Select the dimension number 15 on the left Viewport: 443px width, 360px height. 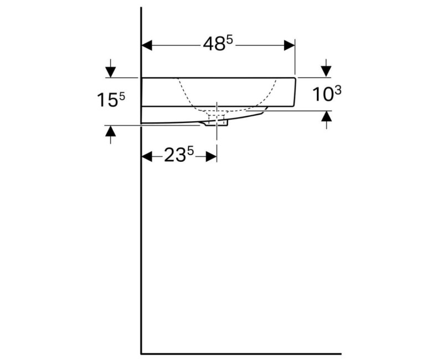click(107, 100)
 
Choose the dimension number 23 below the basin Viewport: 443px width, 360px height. click(174, 157)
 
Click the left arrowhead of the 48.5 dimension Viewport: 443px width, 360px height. click(147, 45)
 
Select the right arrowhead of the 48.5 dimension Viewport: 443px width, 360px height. click(290, 45)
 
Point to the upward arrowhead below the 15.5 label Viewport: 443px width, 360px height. click(111, 131)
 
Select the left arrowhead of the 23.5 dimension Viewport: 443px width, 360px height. click(147, 157)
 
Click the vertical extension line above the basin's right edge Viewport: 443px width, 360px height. click(295, 55)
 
